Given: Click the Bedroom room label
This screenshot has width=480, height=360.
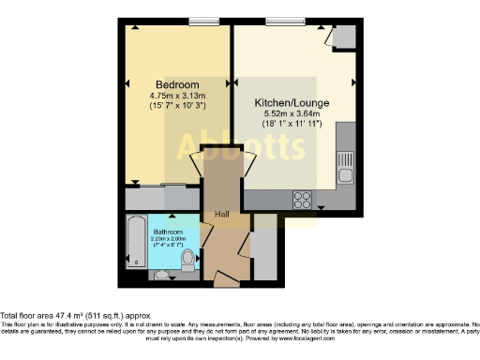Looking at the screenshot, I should (x=176, y=83).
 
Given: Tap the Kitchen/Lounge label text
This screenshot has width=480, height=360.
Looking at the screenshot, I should (x=292, y=104).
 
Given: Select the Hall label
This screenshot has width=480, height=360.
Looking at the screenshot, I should (x=222, y=215).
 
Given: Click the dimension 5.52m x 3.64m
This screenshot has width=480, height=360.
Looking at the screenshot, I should (x=292, y=115).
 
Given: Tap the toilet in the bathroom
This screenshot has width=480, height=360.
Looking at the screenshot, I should (x=187, y=257).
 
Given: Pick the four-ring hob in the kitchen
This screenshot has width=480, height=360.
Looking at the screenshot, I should (x=304, y=199).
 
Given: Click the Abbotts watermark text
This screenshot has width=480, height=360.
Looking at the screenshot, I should (x=240, y=143).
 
